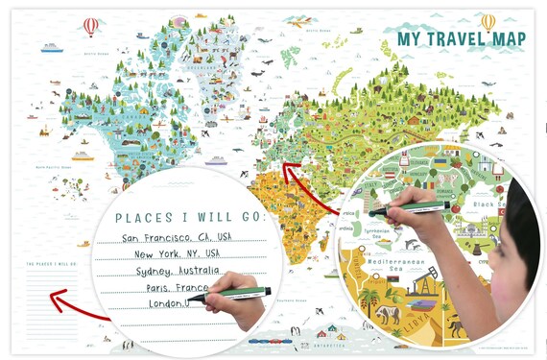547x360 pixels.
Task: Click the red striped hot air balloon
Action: [90, 26]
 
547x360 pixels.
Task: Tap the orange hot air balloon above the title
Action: [488, 21]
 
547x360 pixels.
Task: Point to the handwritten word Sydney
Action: [146, 271]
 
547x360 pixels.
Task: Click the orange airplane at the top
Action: [301, 21]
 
